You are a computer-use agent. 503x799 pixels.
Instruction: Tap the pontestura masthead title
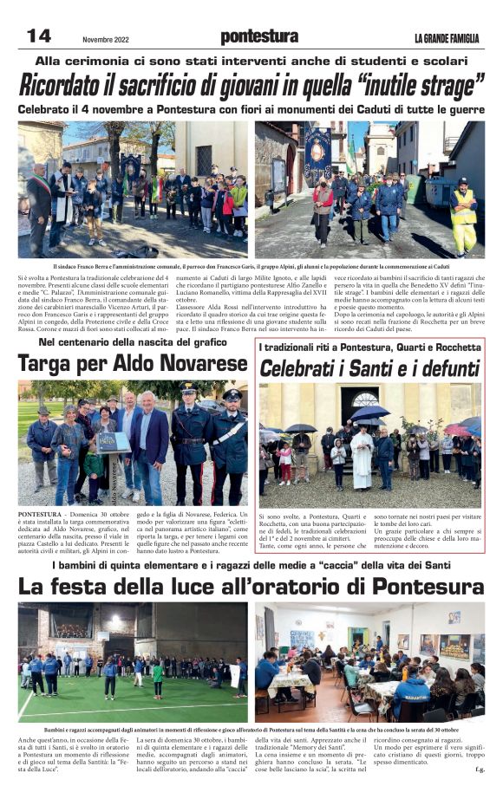(x=259, y=36)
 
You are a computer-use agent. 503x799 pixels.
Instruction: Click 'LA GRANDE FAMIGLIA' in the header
(x=447, y=37)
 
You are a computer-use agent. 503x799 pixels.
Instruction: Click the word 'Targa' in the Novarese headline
(x=55, y=364)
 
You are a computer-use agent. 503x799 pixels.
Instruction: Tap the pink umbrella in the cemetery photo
(x=457, y=430)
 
